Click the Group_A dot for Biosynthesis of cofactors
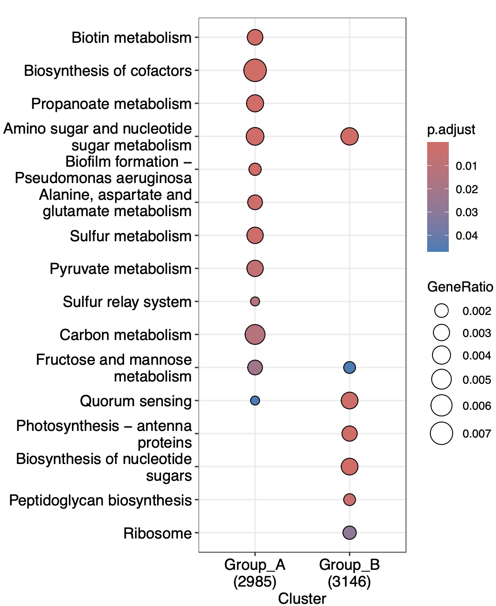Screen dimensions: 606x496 coord(255,70)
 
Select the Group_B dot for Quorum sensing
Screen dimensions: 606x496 coord(349,400)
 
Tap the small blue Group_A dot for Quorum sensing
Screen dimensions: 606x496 coord(255,400)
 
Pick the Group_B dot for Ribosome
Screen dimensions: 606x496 coord(349,533)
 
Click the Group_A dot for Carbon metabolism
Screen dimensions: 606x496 coord(255,334)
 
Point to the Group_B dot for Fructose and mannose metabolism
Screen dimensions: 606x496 coord(349,367)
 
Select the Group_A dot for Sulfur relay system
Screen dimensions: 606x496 coord(255,302)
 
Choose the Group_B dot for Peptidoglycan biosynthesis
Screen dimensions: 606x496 coord(349,500)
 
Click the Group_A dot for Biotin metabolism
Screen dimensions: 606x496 coord(255,37)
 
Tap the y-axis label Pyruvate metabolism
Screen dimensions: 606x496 coord(120,269)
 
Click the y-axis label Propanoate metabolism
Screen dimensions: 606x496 coord(111,104)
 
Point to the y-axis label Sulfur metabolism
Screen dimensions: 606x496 coord(131,236)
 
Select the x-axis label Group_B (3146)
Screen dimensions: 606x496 coord(349,573)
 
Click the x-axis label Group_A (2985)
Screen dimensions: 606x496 coord(255,573)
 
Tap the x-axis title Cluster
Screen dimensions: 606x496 coord(302,599)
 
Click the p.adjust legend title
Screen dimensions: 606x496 coord(451,130)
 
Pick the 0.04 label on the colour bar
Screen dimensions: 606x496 coord(466,236)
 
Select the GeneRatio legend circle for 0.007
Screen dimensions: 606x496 coord(441,434)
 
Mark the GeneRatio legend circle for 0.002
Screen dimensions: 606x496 coord(441,311)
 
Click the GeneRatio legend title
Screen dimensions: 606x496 coord(460,287)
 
